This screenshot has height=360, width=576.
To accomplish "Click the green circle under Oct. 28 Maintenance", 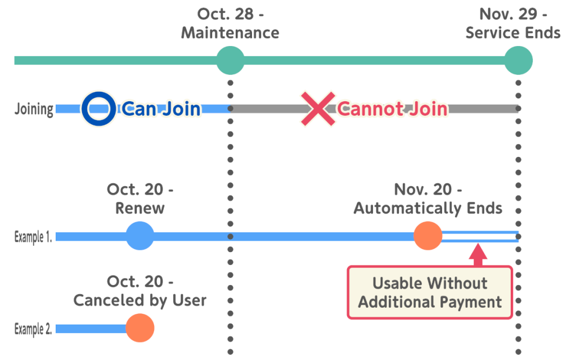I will pyautogui.click(x=230, y=60).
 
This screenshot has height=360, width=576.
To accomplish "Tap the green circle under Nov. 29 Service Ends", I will pyautogui.click(x=517, y=60).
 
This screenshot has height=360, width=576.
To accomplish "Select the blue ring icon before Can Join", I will pyautogui.click(x=98, y=109).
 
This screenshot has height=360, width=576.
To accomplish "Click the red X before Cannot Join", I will pyautogui.click(x=317, y=109).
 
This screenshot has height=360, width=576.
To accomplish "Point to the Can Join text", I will pyautogui.click(x=161, y=109).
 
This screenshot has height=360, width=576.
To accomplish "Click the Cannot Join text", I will pyautogui.click(x=392, y=109).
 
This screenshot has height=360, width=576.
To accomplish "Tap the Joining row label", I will pyautogui.click(x=34, y=109).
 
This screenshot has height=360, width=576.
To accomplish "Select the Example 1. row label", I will pyautogui.click(x=33, y=237).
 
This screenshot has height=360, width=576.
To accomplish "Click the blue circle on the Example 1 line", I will pyautogui.click(x=139, y=236).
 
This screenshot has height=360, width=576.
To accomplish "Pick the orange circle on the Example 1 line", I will pyautogui.click(x=427, y=236).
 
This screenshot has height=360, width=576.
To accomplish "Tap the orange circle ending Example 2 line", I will pyautogui.click(x=139, y=328).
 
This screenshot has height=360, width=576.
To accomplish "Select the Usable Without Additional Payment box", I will pyautogui.click(x=430, y=292).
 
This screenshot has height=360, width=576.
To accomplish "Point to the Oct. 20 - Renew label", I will pyautogui.click(x=140, y=199).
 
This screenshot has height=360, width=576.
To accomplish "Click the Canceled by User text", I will pyautogui.click(x=140, y=300).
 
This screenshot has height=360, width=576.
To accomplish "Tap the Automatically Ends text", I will pyautogui.click(x=427, y=208).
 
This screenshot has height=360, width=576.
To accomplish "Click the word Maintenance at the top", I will pyautogui.click(x=230, y=33).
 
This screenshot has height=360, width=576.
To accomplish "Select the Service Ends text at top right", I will pyautogui.click(x=513, y=33).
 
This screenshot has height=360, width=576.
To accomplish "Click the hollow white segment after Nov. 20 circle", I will pyautogui.click(x=479, y=237).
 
